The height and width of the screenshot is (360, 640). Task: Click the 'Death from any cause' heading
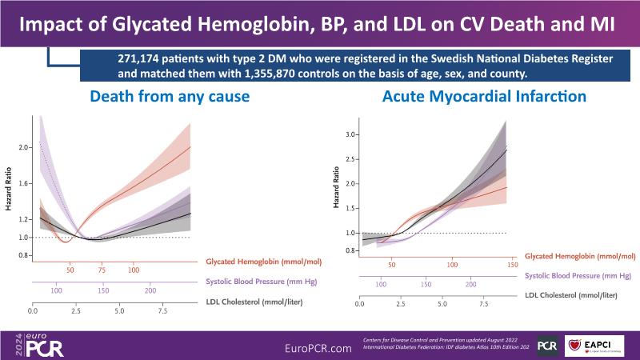point(170,98)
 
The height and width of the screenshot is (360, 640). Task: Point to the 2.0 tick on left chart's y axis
point(23,148)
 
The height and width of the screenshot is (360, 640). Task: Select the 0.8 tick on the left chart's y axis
point(23,256)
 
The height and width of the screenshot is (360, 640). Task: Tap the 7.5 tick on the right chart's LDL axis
point(484,305)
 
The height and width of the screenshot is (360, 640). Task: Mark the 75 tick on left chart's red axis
point(102,270)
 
